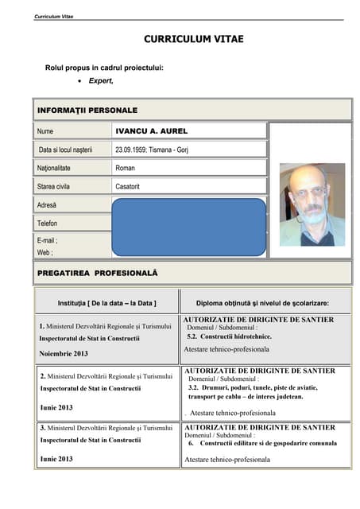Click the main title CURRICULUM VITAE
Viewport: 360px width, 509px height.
[x=194, y=39]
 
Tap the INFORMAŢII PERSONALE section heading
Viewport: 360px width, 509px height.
[x=87, y=110]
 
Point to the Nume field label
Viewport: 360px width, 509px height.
[x=45, y=131]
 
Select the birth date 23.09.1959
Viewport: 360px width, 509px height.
[x=131, y=150]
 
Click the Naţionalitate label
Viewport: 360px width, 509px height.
[x=54, y=168]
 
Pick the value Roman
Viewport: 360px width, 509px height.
[x=126, y=168]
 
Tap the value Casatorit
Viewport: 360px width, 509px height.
[x=130, y=186]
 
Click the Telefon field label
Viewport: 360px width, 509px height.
[x=48, y=223]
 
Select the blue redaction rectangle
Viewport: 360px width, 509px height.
[x=188, y=226]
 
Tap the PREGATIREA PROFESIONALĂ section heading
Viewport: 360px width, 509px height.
[x=98, y=273]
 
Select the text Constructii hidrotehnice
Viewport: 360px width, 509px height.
[x=234, y=336]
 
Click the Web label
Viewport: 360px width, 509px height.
[x=45, y=252]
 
